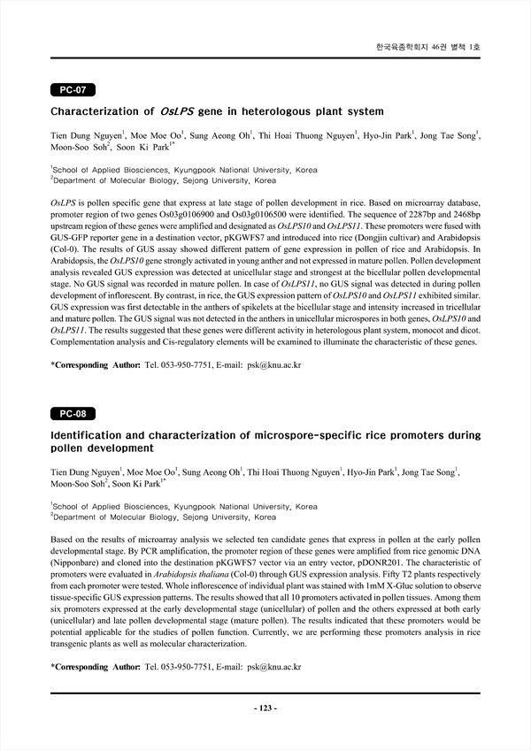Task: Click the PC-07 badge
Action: click(x=73, y=89)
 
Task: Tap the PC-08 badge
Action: click(x=73, y=414)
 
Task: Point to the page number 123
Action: click(x=265, y=708)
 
